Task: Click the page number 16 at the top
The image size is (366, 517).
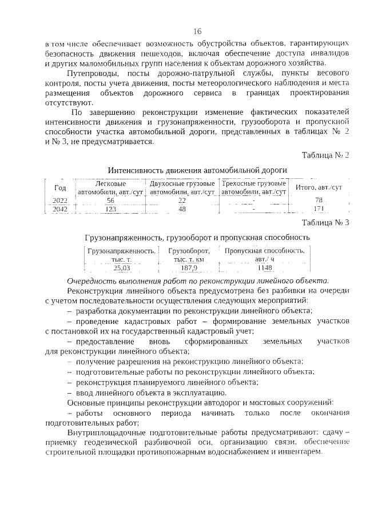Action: pyautogui.click(x=197, y=31)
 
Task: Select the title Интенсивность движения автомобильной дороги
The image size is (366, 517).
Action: pyautogui.click(x=197, y=170)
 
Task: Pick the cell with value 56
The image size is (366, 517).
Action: pyautogui.click(x=110, y=201)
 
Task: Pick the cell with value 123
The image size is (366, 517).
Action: pyautogui.click(x=110, y=209)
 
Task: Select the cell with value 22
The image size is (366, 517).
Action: pyautogui.click(x=182, y=201)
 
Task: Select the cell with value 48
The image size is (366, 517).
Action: pyautogui.click(x=182, y=209)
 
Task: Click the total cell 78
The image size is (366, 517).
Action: pyautogui.click(x=319, y=201)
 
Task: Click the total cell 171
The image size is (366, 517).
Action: pyautogui.click(x=319, y=209)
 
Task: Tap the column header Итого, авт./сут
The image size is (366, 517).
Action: pyautogui.click(x=319, y=187)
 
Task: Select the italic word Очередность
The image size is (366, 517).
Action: pyautogui.click(x=93, y=281)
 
